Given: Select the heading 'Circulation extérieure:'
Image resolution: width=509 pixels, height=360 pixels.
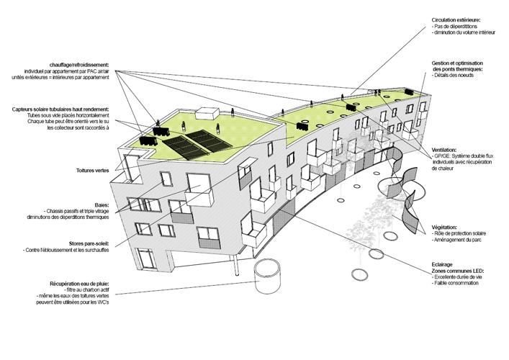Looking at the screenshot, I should pos(456,20).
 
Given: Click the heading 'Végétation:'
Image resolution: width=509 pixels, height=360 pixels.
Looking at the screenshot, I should pos(445,228).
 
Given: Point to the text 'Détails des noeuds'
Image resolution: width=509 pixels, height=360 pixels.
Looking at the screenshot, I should pos(456,76).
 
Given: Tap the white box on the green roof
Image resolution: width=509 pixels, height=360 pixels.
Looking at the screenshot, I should pos(208,113).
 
